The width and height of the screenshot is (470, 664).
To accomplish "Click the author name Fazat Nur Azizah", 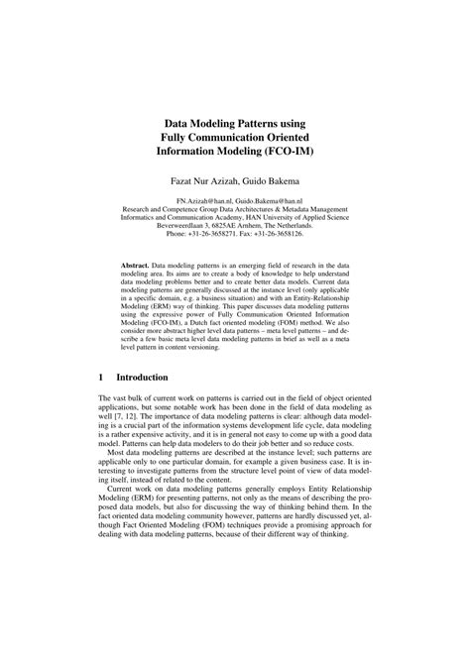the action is (x=196, y=182).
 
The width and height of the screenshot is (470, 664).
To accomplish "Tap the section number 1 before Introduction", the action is (x=103, y=378).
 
